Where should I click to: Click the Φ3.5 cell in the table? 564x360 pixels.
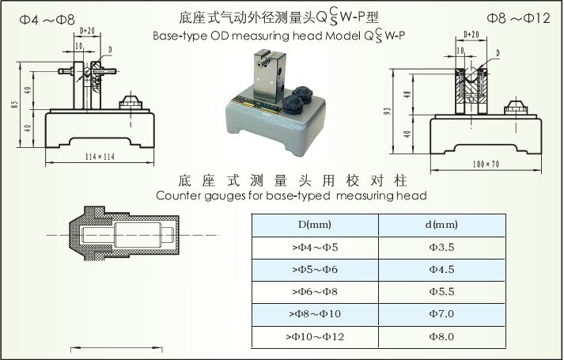click(x=441, y=248)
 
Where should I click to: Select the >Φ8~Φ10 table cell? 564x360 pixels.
click(x=315, y=314)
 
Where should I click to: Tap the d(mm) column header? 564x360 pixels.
click(x=441, y=225)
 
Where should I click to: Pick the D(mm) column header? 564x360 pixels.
click(x=315, y=225)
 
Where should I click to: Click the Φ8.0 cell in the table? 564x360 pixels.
click(x=441, y=337)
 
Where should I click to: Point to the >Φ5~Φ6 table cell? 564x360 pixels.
click(x=315, y=270)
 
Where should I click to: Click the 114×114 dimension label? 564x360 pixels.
click(x=100, y=157)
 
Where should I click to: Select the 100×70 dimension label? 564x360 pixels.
click(x=486, y=165)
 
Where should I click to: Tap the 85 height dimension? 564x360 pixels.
click(x=14, y=104)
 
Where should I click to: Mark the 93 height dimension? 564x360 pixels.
click(x=387, y=111)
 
